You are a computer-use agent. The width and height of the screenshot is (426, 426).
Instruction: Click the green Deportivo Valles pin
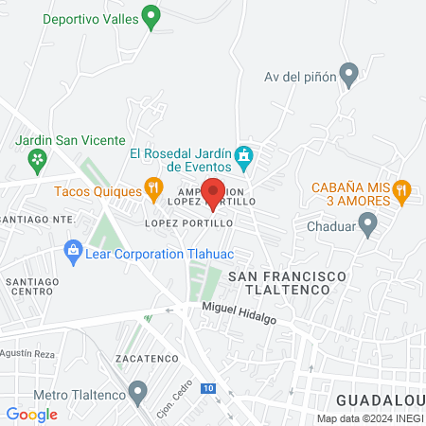click(x=151, y=18)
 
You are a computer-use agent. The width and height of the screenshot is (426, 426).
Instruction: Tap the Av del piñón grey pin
click(x=349, y=74)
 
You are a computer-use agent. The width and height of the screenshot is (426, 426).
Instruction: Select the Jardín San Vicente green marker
click(x=38, y=161)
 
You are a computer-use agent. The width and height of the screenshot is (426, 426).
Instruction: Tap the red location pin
click(x=213, y=192)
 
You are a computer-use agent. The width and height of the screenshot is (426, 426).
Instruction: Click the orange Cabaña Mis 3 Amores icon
click(x=402, y=190)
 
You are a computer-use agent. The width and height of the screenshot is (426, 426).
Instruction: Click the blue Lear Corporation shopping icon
click(x=72, y=251)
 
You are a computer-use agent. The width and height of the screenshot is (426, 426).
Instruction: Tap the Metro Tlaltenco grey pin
click(x=139, y=391)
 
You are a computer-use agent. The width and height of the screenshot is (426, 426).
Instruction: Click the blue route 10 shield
click(x=207, y=389)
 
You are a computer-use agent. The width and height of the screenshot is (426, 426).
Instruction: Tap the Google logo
click(x=31, y=414)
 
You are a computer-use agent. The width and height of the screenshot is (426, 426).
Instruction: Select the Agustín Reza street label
click(x=31, y=352)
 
